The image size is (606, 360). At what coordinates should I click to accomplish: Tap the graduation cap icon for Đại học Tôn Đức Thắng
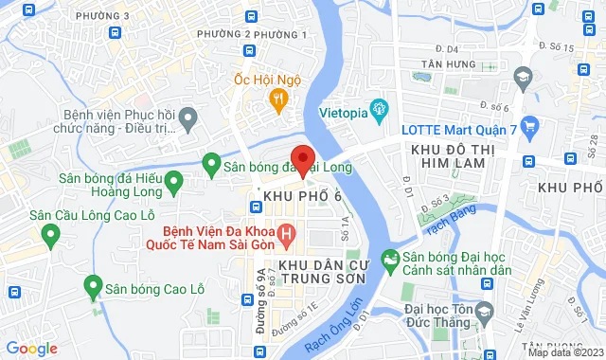[x=484, y=311]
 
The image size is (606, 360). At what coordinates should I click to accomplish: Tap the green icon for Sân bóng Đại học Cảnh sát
[x=389, y=257]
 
